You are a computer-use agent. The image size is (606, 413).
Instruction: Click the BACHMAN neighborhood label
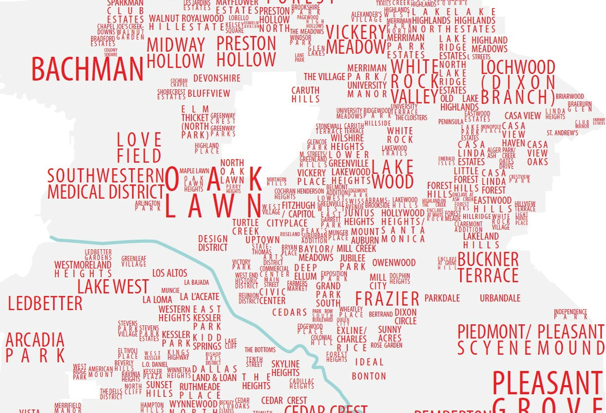[x=87, y=69]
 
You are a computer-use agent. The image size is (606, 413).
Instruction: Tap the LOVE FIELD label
[x=139, y=147]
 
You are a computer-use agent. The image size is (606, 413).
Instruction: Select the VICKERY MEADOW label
[x=356, y=39]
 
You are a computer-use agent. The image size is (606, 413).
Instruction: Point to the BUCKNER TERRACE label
[x=488, y=267]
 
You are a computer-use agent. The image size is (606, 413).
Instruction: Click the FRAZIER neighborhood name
[x=387, y=298]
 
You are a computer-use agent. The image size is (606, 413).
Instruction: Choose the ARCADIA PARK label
[x=35, y=347]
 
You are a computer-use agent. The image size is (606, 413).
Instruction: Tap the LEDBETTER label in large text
[x=45, y=304]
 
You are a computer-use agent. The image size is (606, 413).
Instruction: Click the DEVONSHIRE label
[x=217, y=79]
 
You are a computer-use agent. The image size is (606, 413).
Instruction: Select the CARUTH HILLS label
[x=305, y=95]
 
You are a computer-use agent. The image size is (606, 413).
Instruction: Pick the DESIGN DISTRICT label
[x=213, y=243]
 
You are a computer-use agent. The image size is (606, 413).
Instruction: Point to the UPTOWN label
[x=262, y=239]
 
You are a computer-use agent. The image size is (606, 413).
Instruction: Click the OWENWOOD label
[x=394, y=262]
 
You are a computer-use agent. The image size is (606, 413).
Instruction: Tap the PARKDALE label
[x=442, y=297]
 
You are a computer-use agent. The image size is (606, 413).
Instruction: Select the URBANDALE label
[x=500, y=297]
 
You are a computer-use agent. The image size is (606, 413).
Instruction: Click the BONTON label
[x=369, y=376]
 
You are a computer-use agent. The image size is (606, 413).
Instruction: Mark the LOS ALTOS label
[x=170, y=273]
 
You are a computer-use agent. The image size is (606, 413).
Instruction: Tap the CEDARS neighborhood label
[x=290, y=312]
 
